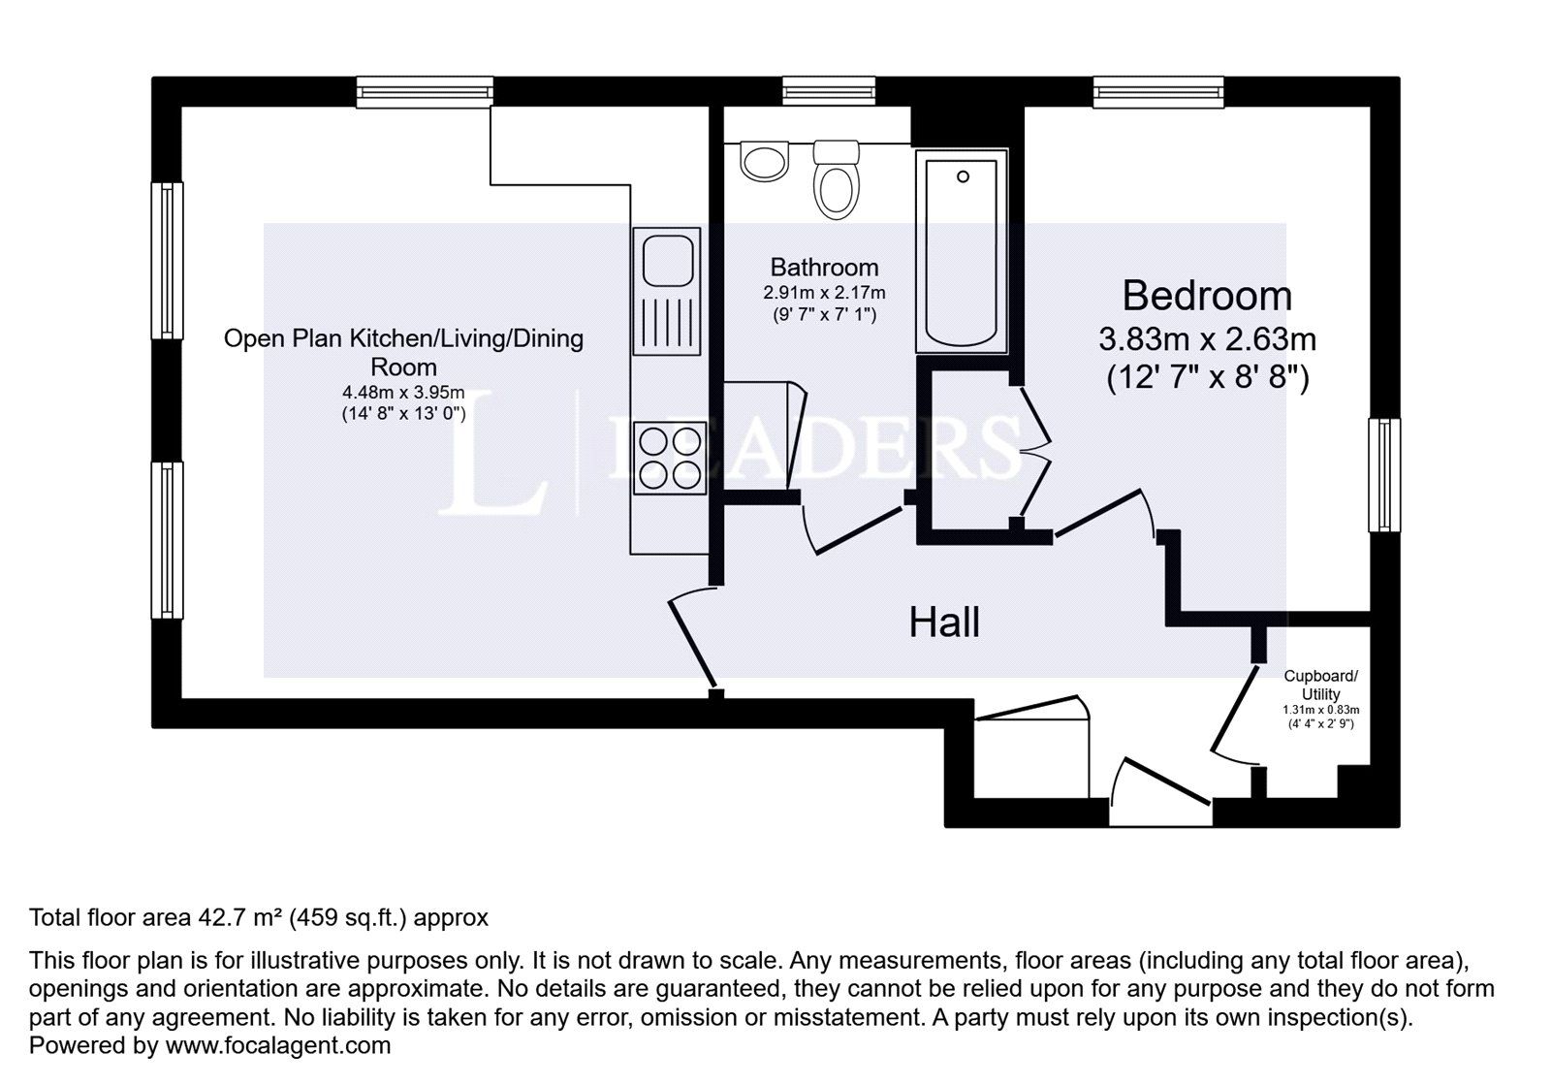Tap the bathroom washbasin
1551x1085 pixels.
(766, 161)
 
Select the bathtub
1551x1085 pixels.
(962, 254)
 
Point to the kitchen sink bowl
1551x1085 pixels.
(667, 260)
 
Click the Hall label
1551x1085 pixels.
(944, 622)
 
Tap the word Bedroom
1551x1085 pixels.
(1207, 295)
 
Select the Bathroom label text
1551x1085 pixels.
(824, 267)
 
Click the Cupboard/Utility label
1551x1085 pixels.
(1321, 685)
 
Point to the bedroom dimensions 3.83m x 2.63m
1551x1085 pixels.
(1207, 339)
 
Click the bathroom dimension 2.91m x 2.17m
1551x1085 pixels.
(824, 292)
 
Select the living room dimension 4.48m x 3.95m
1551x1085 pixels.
(403, 393)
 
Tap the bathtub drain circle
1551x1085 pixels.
(963, 176)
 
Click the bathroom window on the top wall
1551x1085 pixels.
(830, 92)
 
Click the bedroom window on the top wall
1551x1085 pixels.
(1158, 92)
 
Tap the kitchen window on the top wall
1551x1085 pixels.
(425, 92)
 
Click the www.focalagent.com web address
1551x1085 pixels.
(278, 1045)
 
